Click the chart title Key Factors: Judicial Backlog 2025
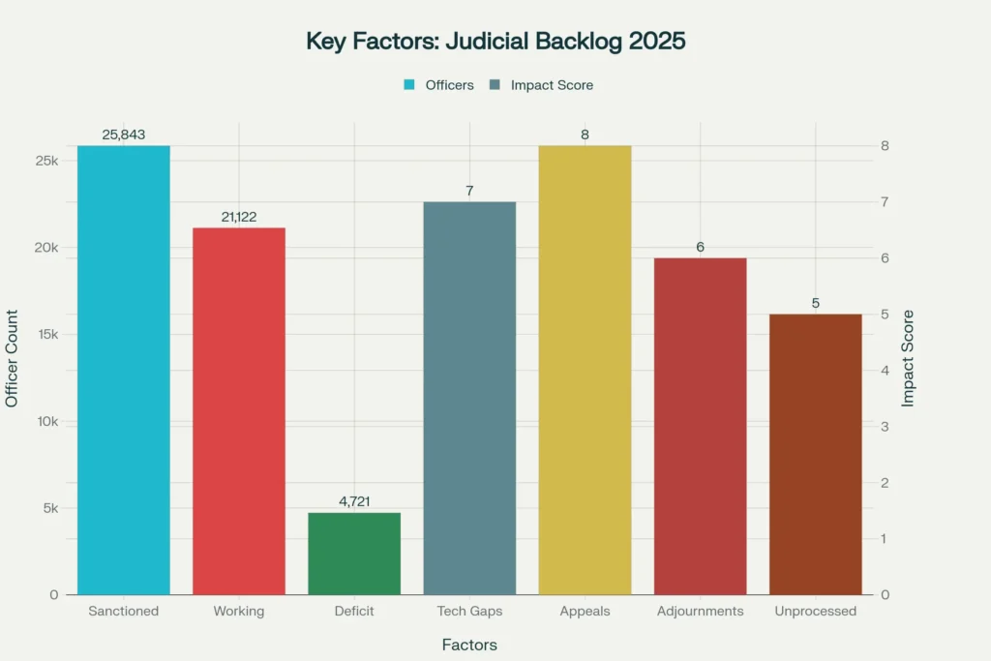(495, 42)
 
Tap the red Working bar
(239, 411)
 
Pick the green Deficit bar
(354, 554)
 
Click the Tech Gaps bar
(469, 398)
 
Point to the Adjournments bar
(700, 426)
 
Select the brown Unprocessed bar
(815, 454)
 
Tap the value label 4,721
(354, 502)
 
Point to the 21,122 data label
(239, 218)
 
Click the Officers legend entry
(439, 85)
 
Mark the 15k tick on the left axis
(45, 335)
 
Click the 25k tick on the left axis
(45, 161)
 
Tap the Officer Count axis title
(13, 358)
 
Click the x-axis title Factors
(469, 645)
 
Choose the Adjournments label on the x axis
(700, 612)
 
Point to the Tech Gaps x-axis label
(469, 612)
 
